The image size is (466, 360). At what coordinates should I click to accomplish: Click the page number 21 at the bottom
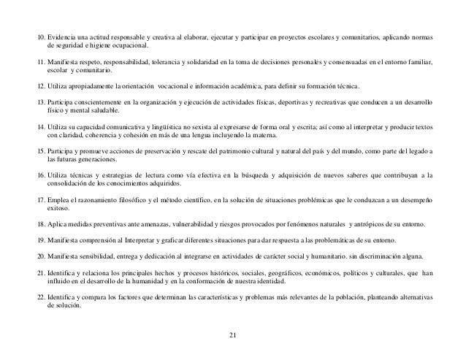233,335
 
